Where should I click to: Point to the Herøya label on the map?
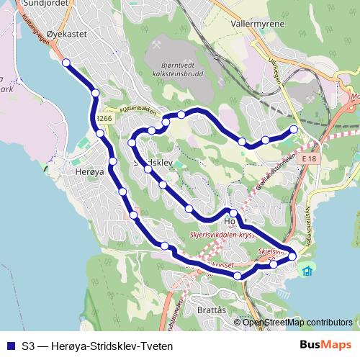coord(90,173)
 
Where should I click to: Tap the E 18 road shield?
coord(310,158)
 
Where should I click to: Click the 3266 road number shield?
coord(104,119)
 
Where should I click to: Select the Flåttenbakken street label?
coord(132,112)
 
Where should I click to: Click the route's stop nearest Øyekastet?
coord(66,63)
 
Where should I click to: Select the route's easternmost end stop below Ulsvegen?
coord(294,130)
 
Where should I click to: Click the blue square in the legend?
coord(9,346)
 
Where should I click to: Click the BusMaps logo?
coord(325,345)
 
